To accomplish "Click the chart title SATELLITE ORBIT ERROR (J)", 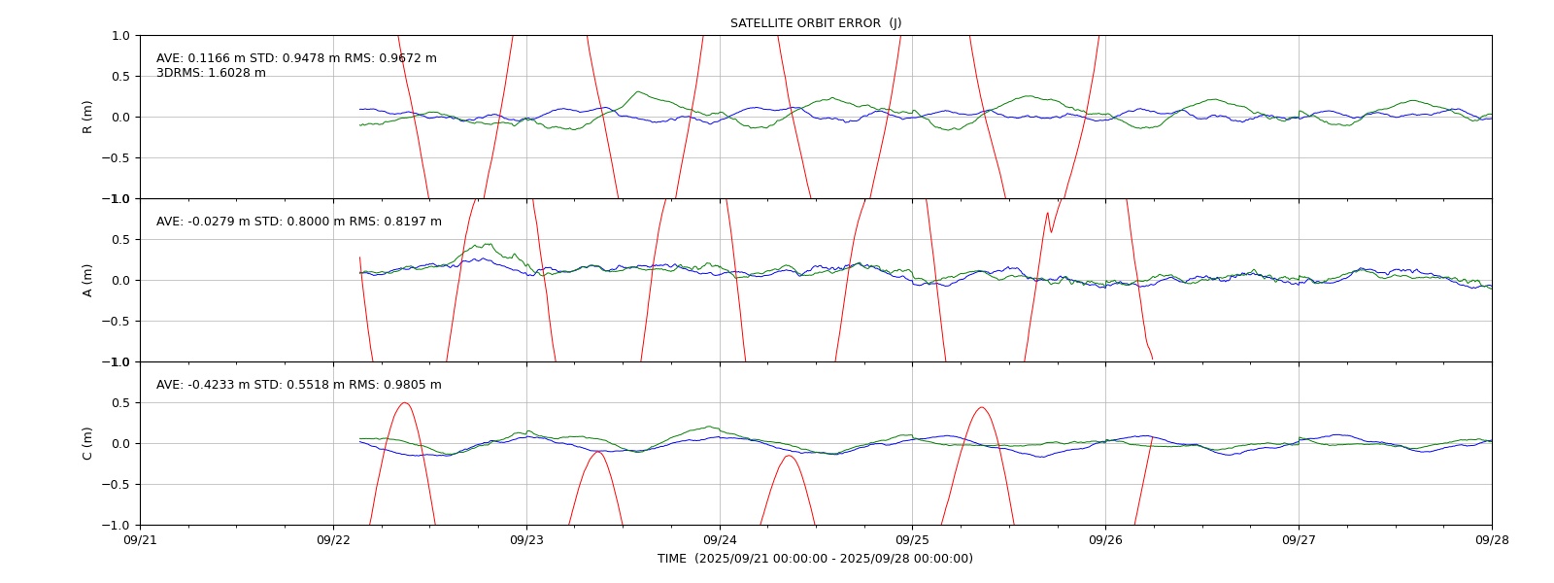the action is tap(816, 23).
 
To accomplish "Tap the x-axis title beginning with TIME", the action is tap(815, 559).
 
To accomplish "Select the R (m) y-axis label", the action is tap(86, 118).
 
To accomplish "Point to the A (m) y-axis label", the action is tap(86, 281).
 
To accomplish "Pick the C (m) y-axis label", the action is tap(86, 443).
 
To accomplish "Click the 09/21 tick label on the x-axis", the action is tap(140, 540).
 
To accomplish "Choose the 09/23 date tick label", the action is tap(526, 540).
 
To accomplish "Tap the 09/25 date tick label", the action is tap(912, 540).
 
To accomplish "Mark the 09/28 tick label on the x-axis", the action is tap(1492, 540).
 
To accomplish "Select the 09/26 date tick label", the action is tap(1106, 540).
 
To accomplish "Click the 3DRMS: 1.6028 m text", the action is tap(211, 73).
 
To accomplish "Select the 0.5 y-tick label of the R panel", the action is tap(120, 77).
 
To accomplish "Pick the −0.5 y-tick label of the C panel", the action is tap(116, 485).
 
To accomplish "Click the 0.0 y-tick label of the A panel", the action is tap(120, 281).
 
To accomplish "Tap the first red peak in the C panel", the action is tap(404, 402).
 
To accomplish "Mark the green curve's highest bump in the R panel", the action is tap(638, 91).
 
